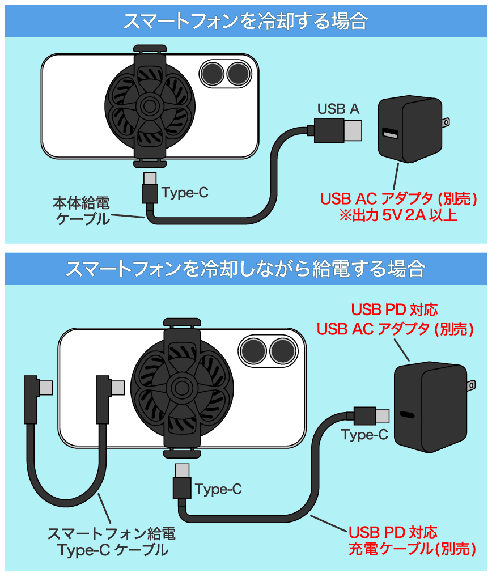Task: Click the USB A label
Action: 338,109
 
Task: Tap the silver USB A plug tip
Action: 353,130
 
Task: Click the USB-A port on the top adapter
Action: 390,133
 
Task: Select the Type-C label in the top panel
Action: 185,193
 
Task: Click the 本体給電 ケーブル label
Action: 82,211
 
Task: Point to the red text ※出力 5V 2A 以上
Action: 398,215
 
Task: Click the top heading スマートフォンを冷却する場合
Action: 245,21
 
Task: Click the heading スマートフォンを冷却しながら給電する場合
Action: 245,269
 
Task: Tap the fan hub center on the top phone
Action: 150,107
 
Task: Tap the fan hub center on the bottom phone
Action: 181,387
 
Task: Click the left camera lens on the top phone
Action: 212,74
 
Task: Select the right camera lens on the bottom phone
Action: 283,351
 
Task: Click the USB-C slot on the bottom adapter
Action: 406,414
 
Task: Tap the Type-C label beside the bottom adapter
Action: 364,435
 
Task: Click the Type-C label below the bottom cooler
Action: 219,489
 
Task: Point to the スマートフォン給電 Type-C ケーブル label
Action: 112,542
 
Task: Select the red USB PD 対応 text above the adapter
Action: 395,310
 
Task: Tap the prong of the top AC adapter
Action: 446,122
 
